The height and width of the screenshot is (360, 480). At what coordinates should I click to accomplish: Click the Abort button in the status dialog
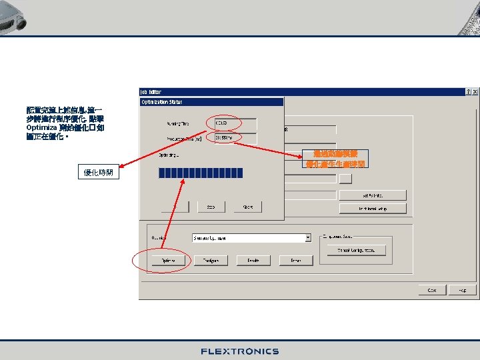[x=248, y=207]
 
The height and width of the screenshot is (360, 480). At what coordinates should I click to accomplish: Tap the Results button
[x=253, y=261]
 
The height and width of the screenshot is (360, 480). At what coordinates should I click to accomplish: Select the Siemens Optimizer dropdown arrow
[x=308, y=237]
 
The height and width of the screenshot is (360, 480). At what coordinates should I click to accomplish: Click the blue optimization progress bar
[x=201, y=173]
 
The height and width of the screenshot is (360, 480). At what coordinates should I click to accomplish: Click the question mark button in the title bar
[x=467, y=91]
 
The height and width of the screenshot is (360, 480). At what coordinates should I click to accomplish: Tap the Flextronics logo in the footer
[x=239, y=351]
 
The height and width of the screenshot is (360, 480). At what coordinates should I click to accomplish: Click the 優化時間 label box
[x=98, y=173]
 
